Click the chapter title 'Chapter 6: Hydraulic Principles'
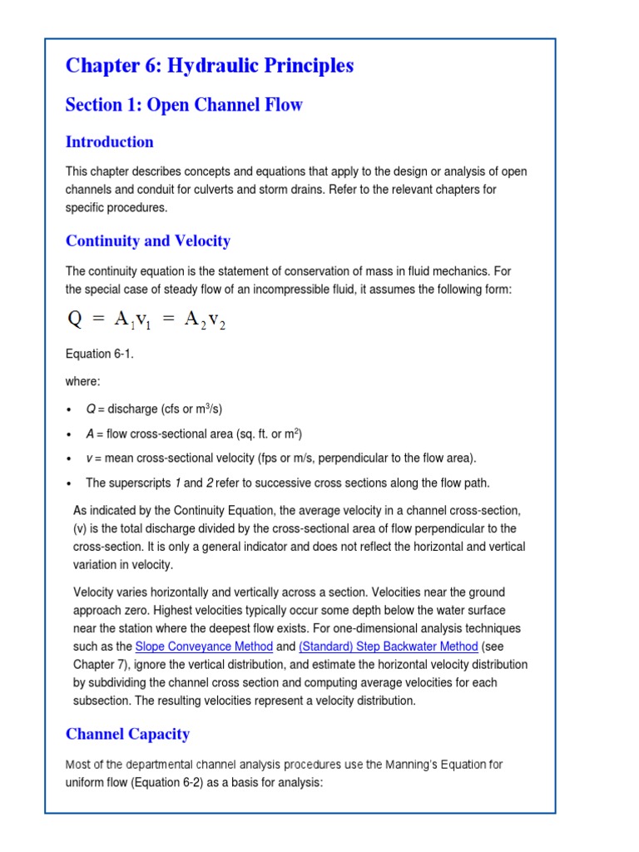(210, 66)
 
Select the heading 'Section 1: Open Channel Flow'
(184, 105)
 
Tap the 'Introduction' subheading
(110, 141)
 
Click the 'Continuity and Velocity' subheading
(148, 241)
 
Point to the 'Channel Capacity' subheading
(127, 734)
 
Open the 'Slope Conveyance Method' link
(204, 646)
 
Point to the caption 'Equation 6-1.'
(100, 354)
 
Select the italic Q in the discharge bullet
(91, 409)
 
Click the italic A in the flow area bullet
(90, 434)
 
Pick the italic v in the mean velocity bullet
(89, 458)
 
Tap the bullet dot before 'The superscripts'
(69, 484)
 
